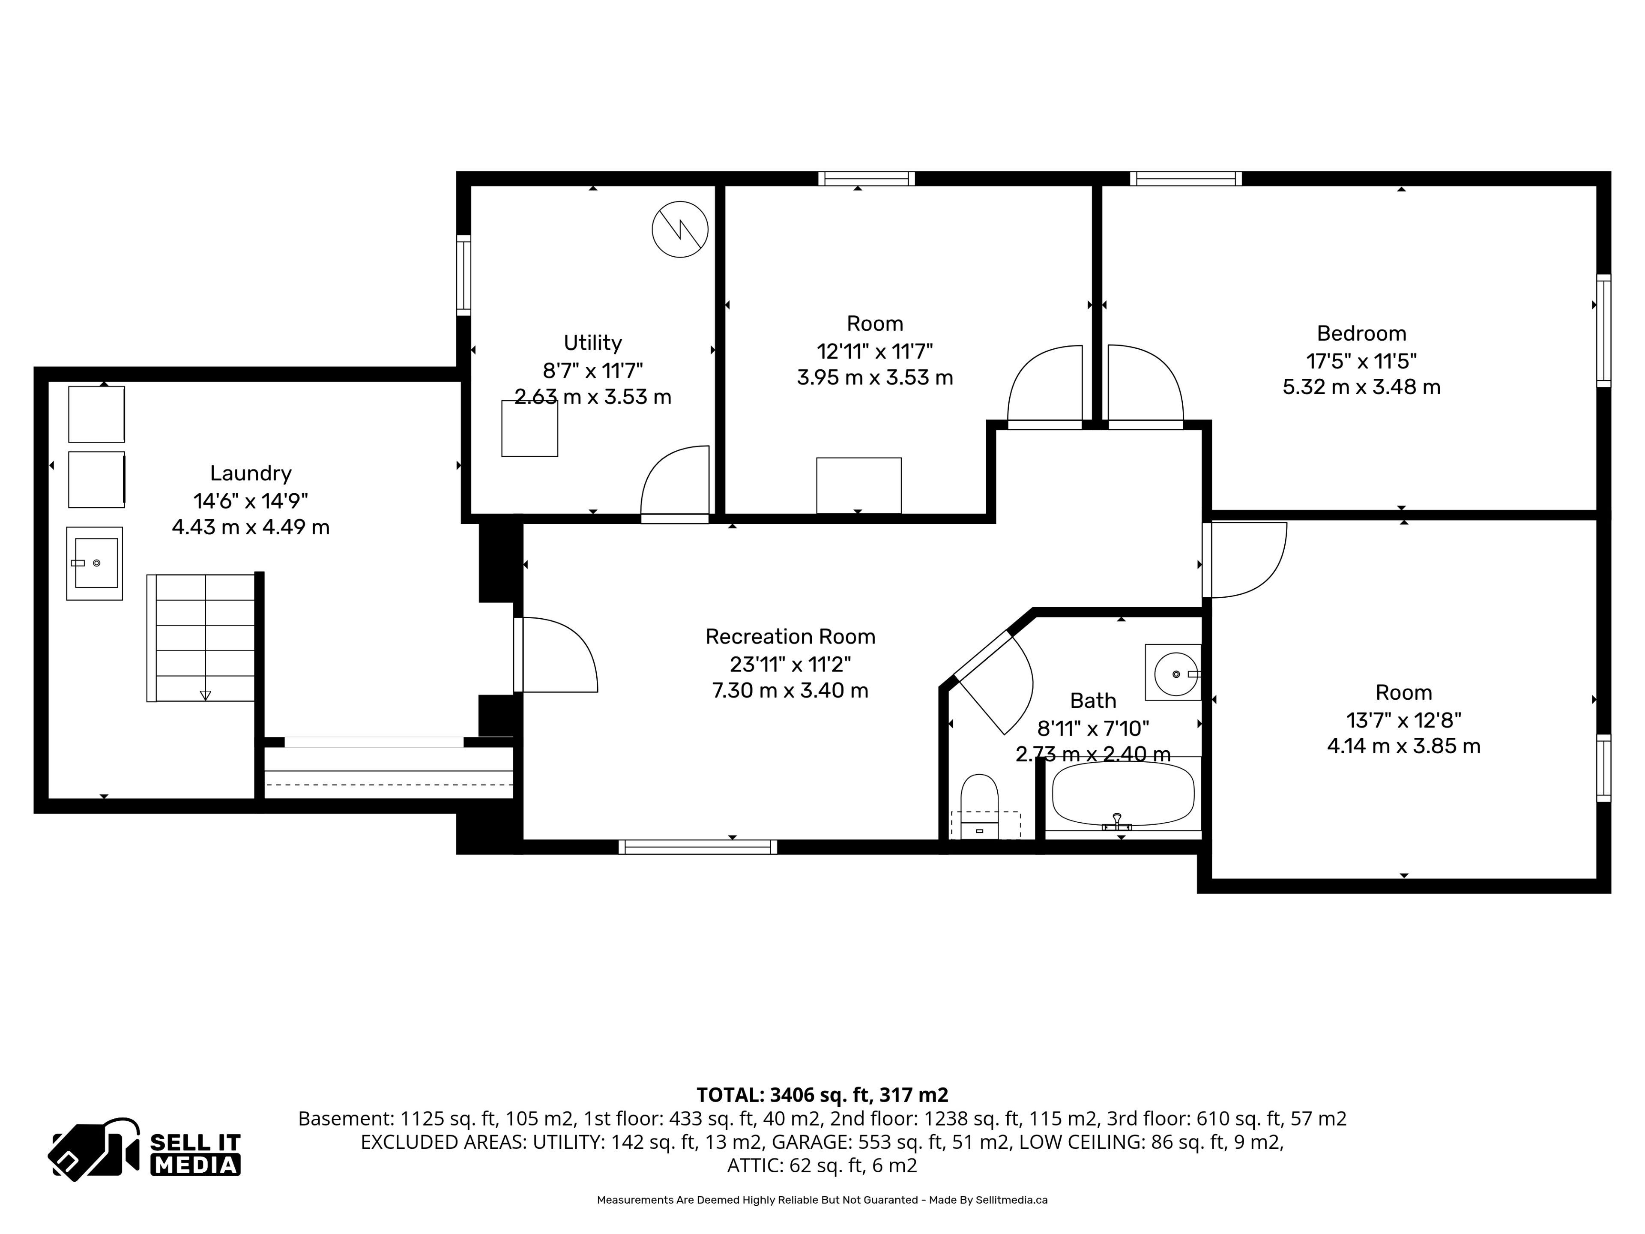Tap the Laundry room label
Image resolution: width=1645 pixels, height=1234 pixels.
point(251,473)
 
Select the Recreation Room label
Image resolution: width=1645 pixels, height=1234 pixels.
point(790,637)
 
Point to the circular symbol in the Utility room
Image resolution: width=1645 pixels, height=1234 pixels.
point(680,230)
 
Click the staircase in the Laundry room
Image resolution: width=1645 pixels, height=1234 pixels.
point(201,638)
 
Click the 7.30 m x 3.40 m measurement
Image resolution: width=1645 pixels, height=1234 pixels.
point(790,690)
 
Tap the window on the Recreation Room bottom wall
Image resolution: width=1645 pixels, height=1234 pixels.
point(697,847)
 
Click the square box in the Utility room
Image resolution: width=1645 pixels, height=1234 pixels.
point(529,428)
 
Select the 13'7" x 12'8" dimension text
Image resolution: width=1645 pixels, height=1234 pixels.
point(1403,720)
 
